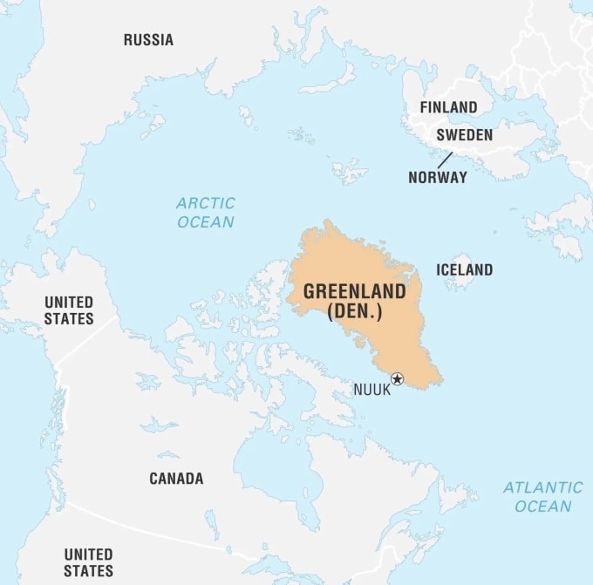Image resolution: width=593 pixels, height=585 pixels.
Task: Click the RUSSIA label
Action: [x=148, y=39]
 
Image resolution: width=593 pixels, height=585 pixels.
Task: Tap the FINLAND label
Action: [x=448, y=107]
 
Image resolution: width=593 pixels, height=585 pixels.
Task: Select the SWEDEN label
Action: [x=464, y=135]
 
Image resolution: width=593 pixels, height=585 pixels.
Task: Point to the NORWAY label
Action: [x=437, y=177]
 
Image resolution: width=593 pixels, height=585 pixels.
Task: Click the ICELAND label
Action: [x=464, y=269]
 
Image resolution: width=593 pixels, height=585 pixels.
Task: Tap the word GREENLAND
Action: [x=354, y=291]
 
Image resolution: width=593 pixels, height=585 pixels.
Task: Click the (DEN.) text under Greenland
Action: [x=354, y=311]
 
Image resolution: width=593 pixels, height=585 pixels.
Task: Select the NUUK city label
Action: [x=371, y=390]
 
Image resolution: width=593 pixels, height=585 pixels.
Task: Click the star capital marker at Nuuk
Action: [x=398, y=378]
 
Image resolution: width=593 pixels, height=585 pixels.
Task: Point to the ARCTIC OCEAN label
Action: [x=206, y=213]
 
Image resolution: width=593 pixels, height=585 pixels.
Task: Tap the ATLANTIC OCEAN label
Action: [x=542, y=497]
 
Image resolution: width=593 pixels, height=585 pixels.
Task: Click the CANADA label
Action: [x=176, y=478]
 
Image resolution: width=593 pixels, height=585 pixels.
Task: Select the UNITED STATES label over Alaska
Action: [x=69, y=310]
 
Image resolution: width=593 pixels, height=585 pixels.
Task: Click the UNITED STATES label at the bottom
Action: [x=88, y=562]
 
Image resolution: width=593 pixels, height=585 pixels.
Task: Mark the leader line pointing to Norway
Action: [x=445, y=160]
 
